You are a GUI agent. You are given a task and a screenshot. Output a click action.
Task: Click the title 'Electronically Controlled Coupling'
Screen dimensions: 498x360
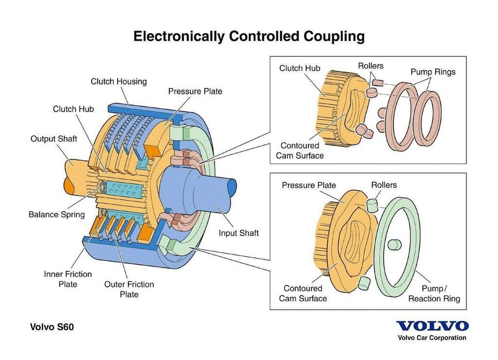(x=249, y=36)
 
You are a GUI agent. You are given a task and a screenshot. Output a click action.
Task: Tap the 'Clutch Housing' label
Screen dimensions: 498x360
(x=119, y=82)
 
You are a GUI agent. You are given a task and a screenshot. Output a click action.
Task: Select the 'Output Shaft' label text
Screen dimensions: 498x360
(x=53, y=139)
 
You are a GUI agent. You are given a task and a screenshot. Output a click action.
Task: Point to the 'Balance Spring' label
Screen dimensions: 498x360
(x=56, y=215)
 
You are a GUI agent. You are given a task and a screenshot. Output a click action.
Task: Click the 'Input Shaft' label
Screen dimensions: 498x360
(x=238, y=233)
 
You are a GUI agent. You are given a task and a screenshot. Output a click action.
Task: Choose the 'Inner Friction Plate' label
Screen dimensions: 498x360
(x=68, y=279)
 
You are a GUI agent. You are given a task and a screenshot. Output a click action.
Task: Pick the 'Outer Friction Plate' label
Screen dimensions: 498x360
(x=129, y=289)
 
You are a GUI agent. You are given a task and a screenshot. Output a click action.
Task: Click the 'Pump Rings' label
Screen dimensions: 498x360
(x=433, y=72)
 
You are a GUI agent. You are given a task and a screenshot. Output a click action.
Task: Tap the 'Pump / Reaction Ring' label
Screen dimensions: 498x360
(x=434, y=293)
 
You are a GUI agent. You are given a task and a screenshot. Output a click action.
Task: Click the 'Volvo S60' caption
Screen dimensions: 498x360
(x=52, y=327)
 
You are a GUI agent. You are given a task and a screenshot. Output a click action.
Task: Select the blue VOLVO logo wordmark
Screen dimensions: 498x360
(x=432, y=326)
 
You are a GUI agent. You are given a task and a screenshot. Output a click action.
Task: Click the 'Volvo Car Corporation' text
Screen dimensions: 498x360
(x=432, y=338)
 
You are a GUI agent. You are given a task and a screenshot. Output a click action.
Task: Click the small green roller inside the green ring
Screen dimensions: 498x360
(x=394, y=244)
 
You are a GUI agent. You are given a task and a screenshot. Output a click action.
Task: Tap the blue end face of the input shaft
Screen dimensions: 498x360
(x=232, y=189)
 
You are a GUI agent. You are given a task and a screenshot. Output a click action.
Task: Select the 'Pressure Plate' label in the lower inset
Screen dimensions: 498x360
(x=309, y=185)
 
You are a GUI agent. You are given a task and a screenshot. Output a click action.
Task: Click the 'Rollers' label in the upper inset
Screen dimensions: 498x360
(x=371, y=66)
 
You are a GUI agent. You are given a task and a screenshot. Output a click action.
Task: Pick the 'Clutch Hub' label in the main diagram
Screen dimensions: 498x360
(x=73, y=109)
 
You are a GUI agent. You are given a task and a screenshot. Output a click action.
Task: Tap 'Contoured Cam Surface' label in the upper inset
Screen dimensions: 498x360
(x=300, y=151)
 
